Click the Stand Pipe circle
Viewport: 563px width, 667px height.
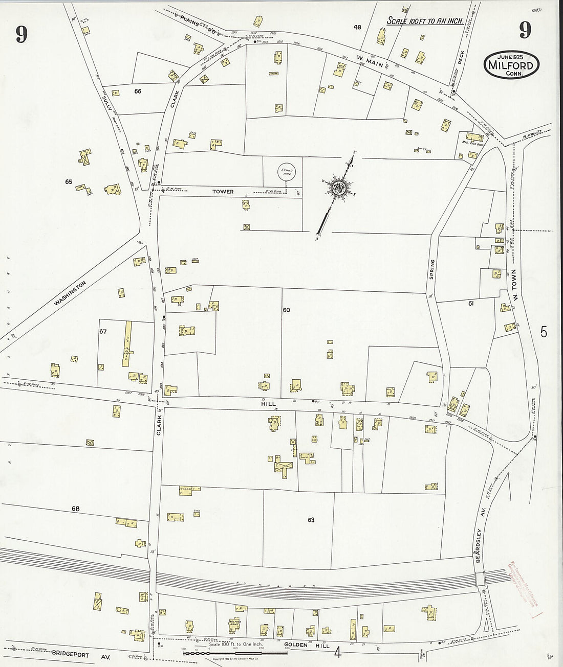click(x=285, y=172)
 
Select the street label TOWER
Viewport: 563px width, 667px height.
click(x=224, y=192)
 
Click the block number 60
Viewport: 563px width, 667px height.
click(x=286, y=310)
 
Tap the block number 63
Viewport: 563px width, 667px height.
click(x=311, y=520)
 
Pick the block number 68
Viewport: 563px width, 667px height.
click(x=76, y=509)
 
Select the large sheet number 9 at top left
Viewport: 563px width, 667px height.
click(x=21, y=34)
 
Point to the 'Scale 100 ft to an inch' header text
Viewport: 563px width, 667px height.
click(x=425, y=21)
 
